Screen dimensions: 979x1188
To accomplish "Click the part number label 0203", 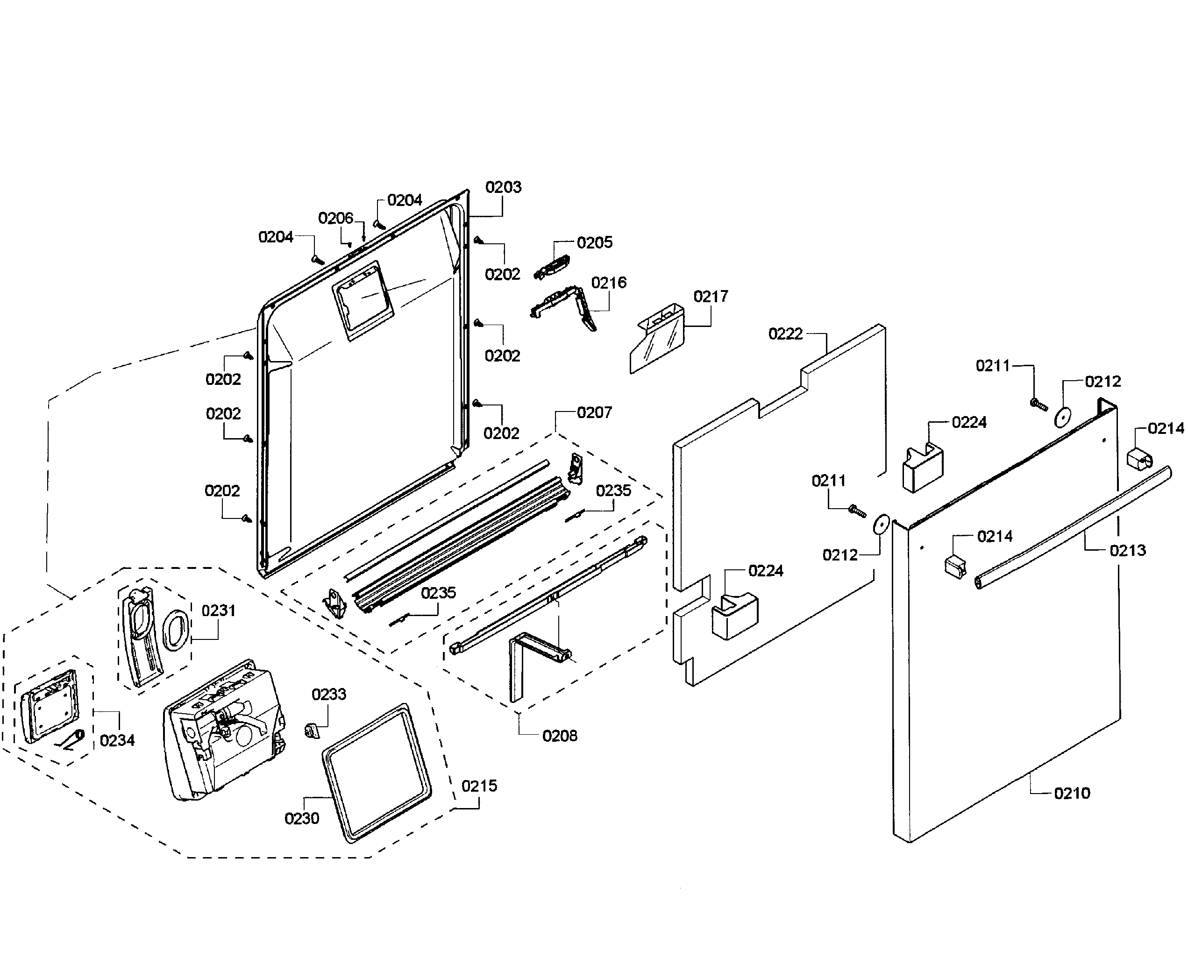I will coord(503,187).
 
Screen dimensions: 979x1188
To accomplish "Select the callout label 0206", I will coord(335,218).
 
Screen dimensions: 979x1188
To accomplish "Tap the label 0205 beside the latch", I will coord(594,242).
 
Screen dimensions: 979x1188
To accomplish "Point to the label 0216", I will coord(609,283).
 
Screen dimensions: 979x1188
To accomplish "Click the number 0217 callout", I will coord(711,297).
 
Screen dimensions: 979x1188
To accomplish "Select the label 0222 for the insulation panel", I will coord(785,334).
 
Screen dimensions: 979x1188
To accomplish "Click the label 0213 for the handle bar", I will coord(1128,550).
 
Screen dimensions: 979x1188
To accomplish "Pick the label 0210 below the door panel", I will coord(1072,794).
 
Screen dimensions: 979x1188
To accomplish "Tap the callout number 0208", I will coord(560,736).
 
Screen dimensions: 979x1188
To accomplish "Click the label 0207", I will coord(594,413).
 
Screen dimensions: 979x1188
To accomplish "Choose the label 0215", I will coord(479,786).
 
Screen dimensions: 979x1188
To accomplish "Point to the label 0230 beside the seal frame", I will coord(302,818).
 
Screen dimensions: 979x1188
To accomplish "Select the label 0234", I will coord(117,740).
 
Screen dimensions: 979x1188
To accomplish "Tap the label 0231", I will coord(218,611).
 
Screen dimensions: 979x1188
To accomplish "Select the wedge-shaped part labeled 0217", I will coord(657,342).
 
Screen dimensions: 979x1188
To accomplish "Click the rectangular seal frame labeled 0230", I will coord(376,773).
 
